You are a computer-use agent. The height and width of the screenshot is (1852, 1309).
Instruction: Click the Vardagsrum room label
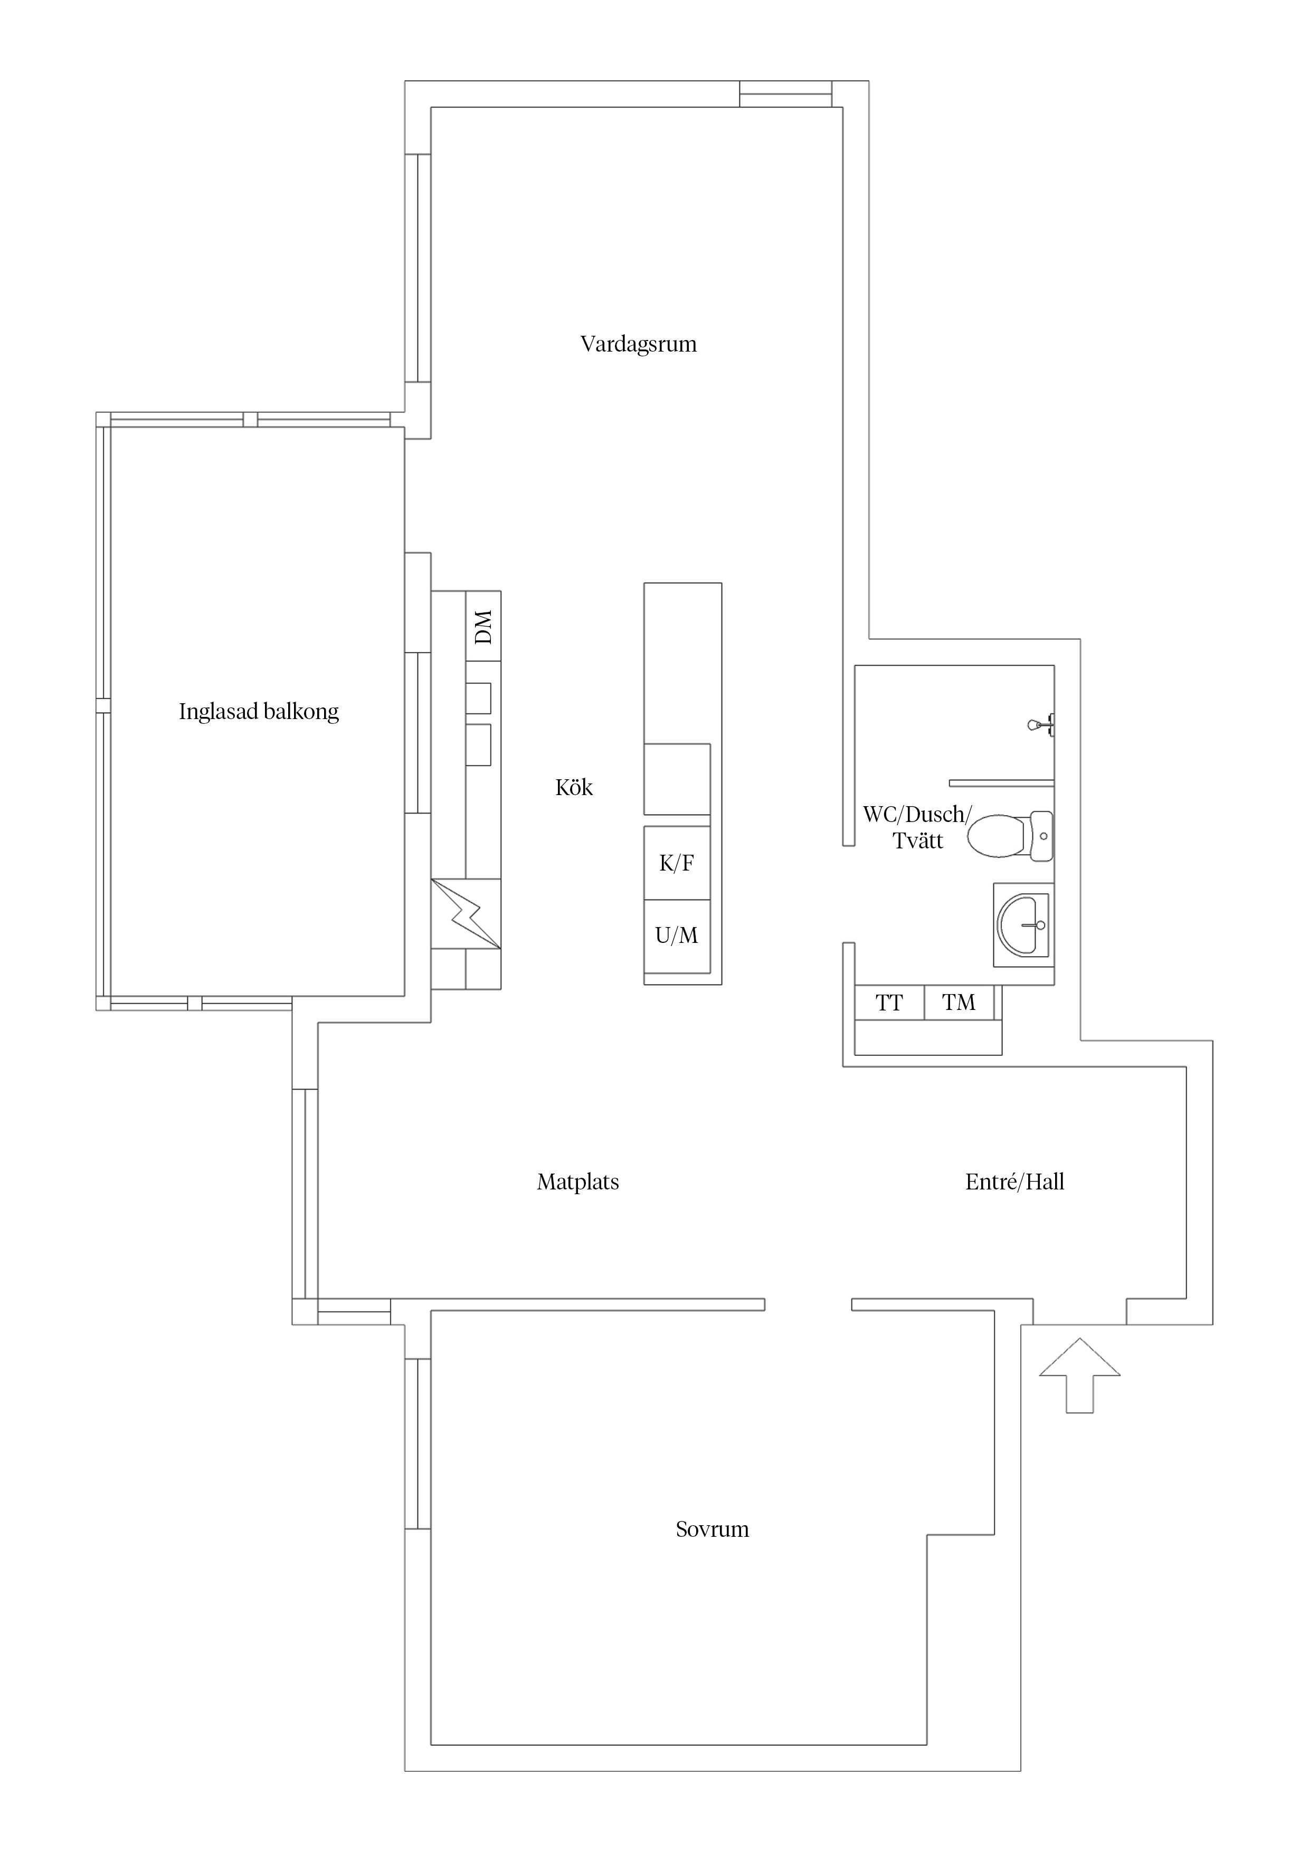[638, 344]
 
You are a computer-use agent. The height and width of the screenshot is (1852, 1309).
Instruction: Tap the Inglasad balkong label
[258, 712]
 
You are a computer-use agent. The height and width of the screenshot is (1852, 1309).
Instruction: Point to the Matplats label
[577, 1183]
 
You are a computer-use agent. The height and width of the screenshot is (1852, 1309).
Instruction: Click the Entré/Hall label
[1014, 1183]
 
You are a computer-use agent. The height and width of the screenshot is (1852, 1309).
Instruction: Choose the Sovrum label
[712, 1529]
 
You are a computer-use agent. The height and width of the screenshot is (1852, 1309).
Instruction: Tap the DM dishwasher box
[483, 626]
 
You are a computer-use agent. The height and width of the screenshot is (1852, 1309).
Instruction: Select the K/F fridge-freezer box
[677, 863]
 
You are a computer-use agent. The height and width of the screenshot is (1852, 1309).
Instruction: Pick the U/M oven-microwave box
[677, 936]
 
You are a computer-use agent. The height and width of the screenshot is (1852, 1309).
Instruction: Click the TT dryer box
[889, 1003]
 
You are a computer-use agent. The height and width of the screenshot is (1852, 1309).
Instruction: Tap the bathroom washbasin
[1023, 924]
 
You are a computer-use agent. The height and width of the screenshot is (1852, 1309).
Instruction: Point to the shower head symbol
[1040, 724]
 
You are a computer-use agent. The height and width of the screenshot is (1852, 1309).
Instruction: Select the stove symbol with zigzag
[466, 913]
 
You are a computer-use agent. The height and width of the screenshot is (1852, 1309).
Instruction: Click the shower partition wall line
[1001, 782]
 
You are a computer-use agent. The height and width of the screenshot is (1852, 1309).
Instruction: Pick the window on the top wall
[785, 93]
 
